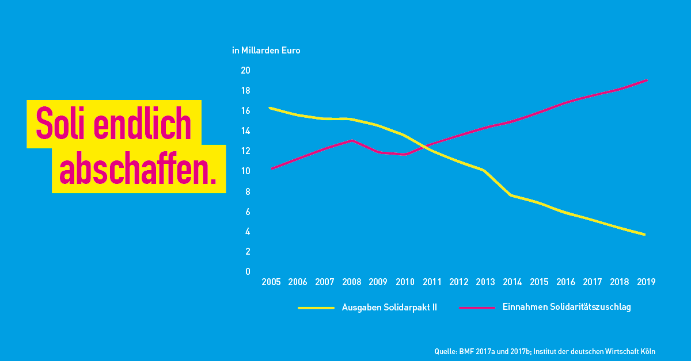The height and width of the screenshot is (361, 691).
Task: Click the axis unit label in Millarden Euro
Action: [266, 50]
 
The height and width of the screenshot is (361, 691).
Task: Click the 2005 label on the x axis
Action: [271, 282]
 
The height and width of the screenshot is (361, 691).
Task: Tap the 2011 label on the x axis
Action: [432, 282]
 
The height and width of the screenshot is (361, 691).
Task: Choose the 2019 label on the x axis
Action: [646, 282]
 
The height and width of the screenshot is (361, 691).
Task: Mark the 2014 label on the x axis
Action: [512, 282]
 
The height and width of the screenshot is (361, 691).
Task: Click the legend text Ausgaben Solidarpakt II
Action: [389, 307]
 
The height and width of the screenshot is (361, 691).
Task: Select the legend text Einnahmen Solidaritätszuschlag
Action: [567, 307]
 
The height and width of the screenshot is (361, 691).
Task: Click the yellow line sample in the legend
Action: [316, 308]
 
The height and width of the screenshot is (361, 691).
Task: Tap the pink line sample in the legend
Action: [477, 308]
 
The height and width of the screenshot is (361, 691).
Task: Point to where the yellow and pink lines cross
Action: [426, 147]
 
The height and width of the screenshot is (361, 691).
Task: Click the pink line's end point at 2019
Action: [646, 80]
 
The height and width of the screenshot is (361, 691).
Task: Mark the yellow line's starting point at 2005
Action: [270, 108]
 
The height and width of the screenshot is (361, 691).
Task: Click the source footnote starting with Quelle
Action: [545, 351]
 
